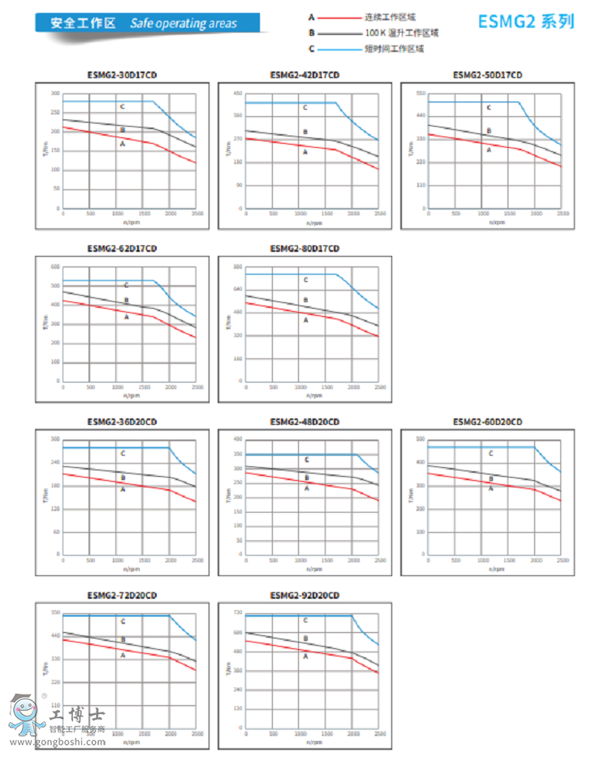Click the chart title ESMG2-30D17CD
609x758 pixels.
122,76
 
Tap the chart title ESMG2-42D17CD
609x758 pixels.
304,76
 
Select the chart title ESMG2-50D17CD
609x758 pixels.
487,76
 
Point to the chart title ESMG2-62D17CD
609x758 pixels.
122,249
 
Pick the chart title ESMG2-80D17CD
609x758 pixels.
304,249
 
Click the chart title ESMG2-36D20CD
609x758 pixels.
122,422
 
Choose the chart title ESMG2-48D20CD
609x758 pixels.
304,422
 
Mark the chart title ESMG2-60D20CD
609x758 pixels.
487,422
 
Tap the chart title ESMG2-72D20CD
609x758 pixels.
122,596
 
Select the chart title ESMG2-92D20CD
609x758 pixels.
304,596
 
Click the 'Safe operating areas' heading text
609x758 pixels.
184,23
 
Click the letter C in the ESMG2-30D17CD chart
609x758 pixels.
123,106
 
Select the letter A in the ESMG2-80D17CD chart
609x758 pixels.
306,321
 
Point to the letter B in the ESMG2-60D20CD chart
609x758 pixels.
490,478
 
